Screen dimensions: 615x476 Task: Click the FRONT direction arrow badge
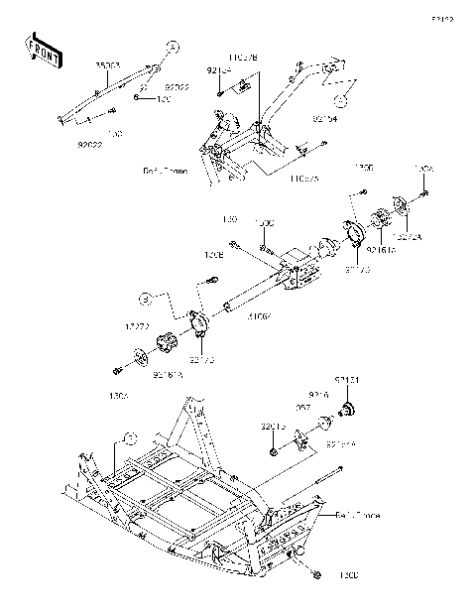point(44,51)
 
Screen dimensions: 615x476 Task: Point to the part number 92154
point(219,71)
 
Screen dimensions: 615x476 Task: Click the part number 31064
point(259,316)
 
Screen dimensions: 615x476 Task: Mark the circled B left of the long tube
point(145,297)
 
